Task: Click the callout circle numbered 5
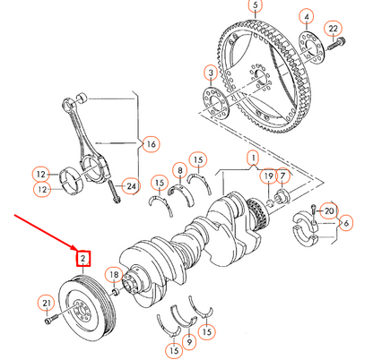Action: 256,6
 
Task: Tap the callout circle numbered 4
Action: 307,18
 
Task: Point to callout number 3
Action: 209,72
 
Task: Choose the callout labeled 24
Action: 132,186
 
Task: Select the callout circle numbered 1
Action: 254,159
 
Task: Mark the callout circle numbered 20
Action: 328,211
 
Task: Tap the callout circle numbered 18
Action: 113,274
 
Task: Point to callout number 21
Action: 47,303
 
